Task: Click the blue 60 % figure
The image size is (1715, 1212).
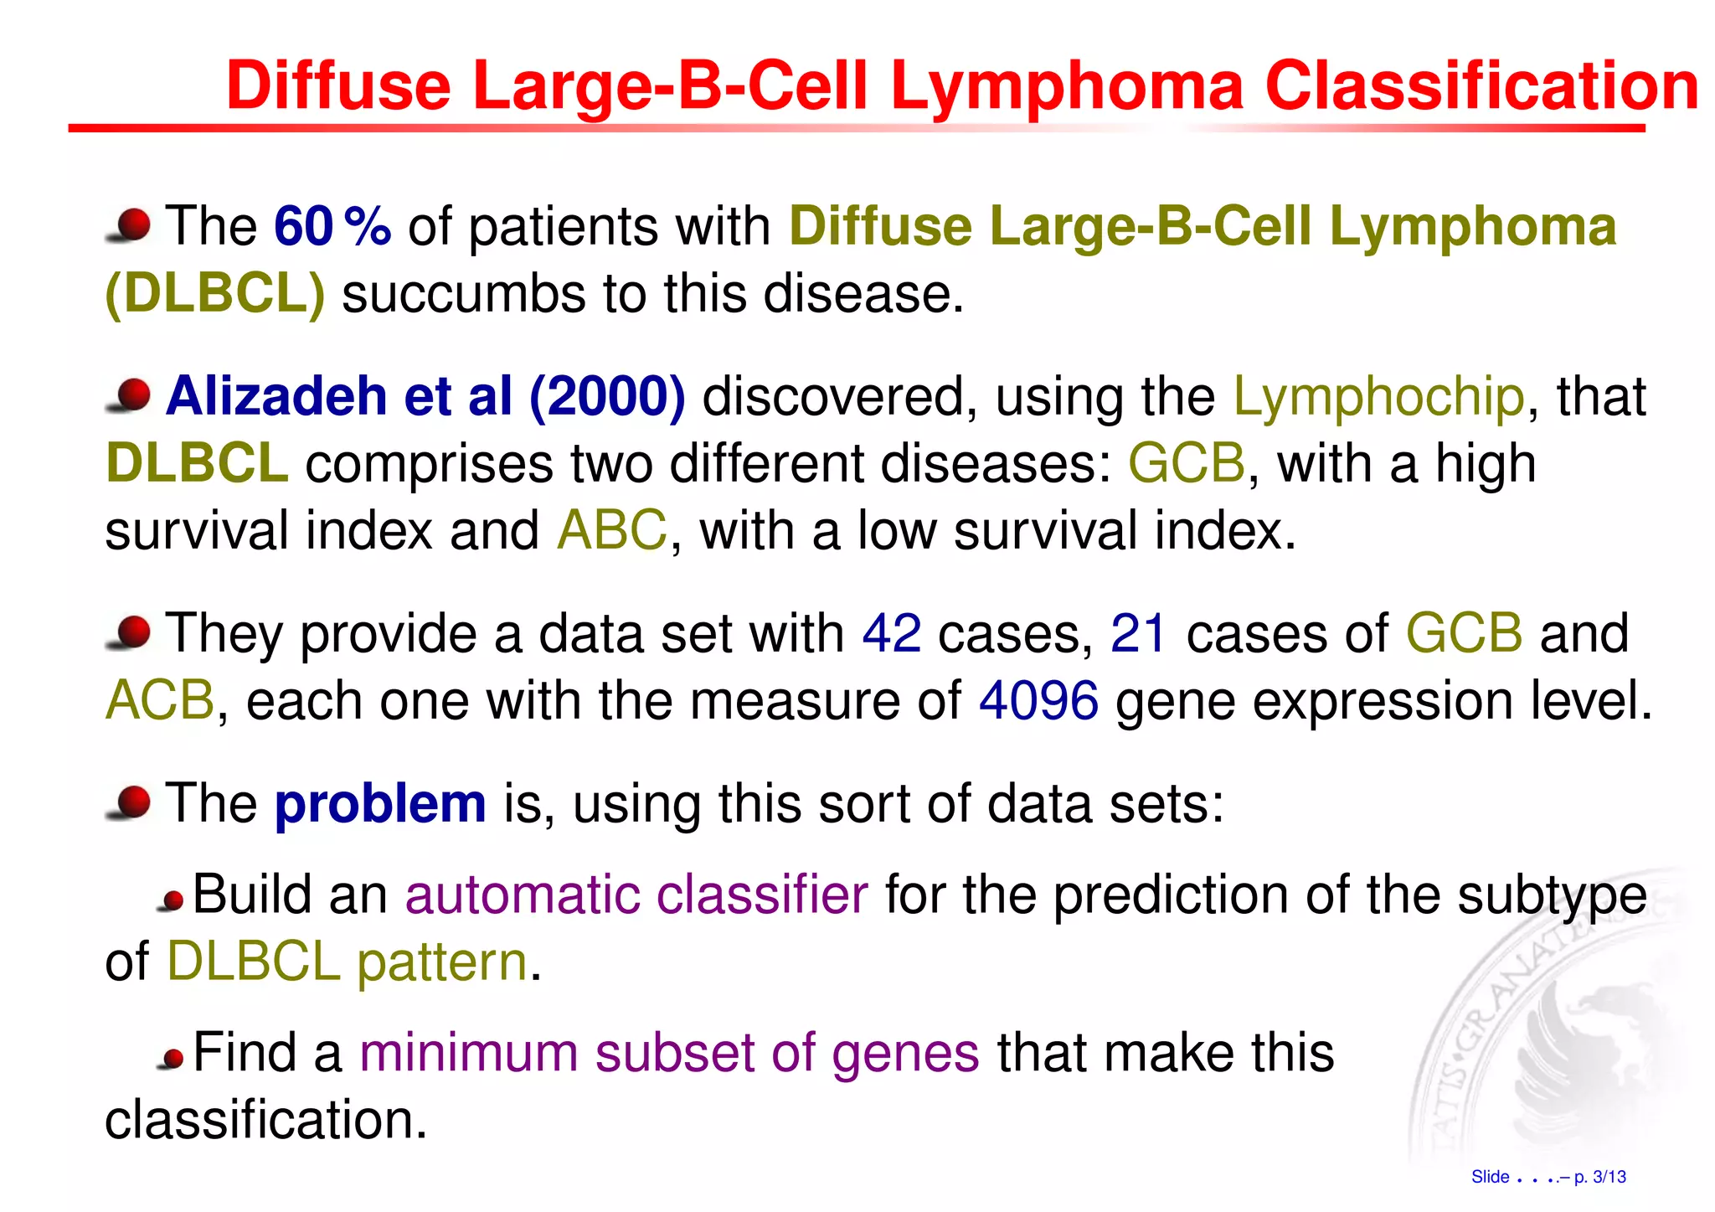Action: point(332,226)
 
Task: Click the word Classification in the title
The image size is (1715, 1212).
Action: point(1481,86)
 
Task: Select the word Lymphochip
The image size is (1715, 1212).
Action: point(1378,396)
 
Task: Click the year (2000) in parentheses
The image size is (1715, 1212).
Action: point(607,396)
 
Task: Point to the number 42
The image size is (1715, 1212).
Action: point(891,633)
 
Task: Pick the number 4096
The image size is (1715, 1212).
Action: point(1038,701)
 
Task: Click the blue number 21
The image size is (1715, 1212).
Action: point(1138,633)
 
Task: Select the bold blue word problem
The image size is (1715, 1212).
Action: point(380,804)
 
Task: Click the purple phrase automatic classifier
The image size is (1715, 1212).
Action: point(636,895)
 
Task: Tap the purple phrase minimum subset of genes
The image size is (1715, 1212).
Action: point(669,1053)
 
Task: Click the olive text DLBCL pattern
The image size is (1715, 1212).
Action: point(347,962)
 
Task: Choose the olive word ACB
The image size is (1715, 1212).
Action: point(160,701)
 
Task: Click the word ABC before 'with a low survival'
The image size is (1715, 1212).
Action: point(612,531)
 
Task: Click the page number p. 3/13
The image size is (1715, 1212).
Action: point(1599,1177)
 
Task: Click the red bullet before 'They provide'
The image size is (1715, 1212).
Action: point(131,632)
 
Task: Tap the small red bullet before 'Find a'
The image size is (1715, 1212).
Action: point(172,1060)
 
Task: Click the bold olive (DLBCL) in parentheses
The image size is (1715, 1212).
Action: point(215,295)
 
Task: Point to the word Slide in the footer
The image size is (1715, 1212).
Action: point(1490,1177)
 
